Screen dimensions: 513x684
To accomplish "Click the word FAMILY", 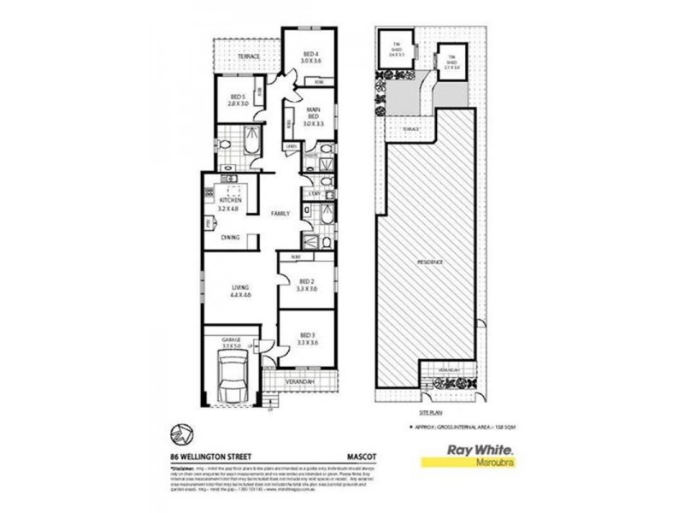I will [280, 213].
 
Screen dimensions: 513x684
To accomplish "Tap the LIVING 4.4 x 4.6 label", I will [239, 292].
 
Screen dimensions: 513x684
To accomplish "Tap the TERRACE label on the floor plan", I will [249, 56].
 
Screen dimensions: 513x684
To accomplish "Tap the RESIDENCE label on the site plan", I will [430, 260].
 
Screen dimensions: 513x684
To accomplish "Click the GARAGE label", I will [231, 339].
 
